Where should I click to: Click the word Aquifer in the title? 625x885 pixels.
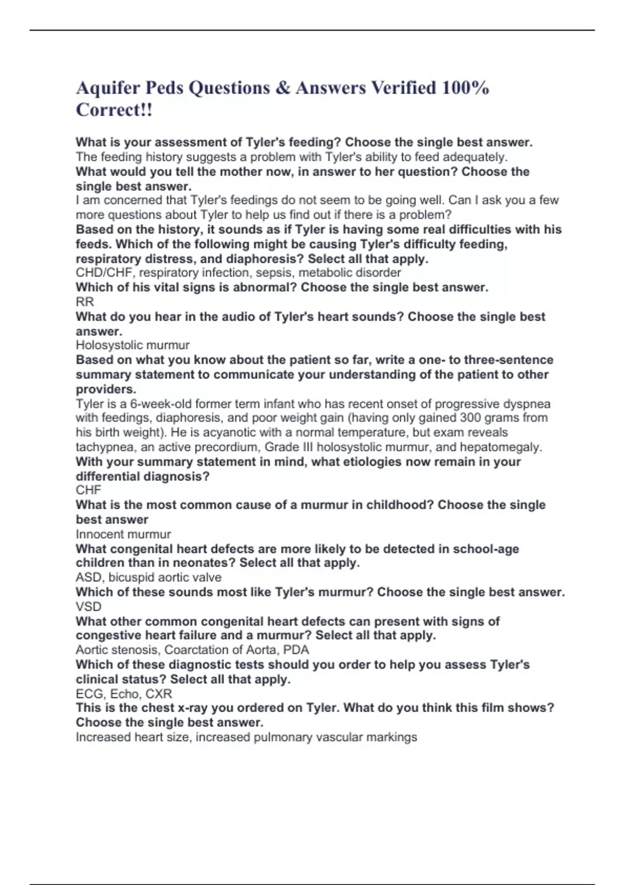(108, 88)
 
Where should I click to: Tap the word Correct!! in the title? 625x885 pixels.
(114, 110)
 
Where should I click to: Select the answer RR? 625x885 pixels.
(85, 302)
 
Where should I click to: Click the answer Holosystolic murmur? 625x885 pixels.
(132, 345)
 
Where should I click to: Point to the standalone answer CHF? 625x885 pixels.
(88, 490)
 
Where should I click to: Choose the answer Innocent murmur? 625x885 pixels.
(123, 534)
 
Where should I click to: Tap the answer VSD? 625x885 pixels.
(89, 606)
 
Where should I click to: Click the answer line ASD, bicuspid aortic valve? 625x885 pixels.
(148, 577)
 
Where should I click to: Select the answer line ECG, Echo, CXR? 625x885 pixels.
(123, 693)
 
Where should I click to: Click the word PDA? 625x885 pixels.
(296, 650)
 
